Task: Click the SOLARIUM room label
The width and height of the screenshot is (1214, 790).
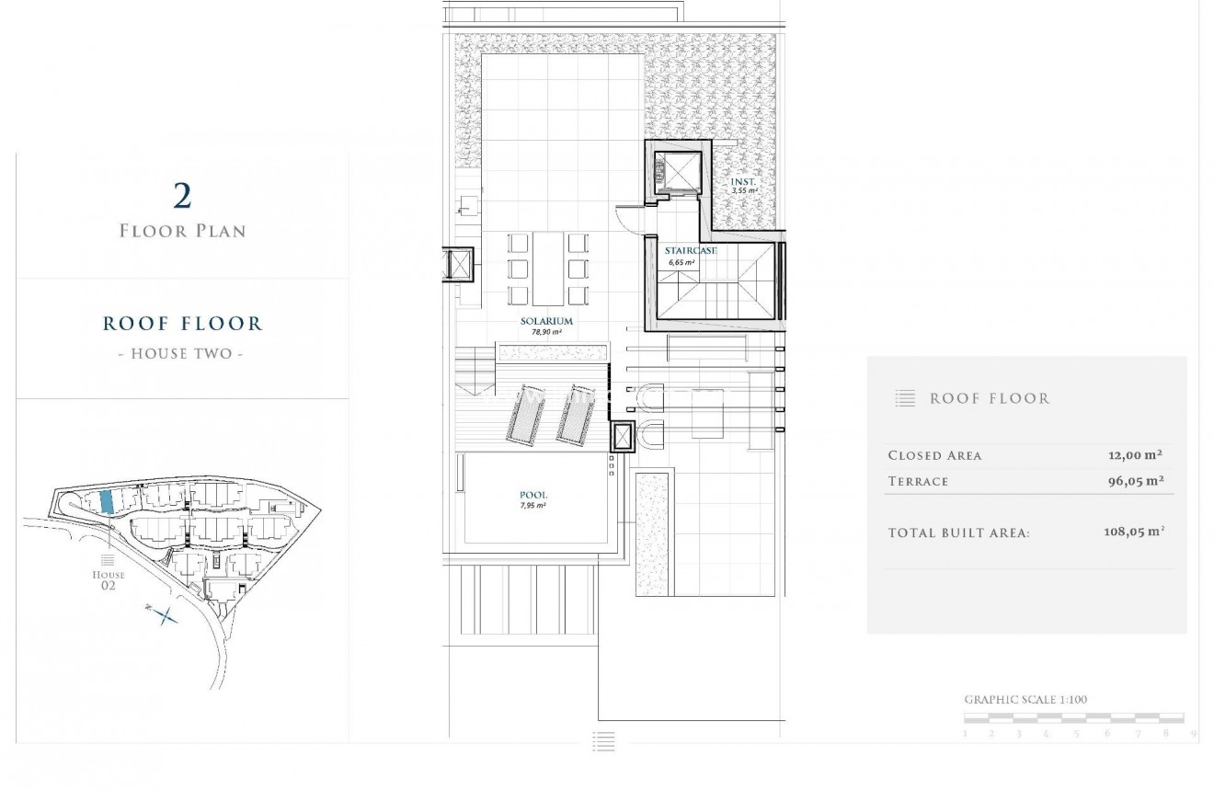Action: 546,321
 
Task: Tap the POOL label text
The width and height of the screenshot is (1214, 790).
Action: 533,495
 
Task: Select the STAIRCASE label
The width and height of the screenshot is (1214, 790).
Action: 691,250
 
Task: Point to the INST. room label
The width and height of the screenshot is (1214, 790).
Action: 743,182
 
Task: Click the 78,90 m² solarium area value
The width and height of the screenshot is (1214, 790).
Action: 546,332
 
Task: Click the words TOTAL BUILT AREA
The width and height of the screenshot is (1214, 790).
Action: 958,533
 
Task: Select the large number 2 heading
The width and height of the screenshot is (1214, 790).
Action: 182,195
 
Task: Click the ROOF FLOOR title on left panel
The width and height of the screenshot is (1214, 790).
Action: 182,323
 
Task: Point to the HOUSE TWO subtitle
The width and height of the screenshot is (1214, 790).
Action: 182,353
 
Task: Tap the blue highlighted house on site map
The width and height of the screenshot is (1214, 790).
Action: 107,501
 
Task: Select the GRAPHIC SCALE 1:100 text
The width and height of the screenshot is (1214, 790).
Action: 1025,700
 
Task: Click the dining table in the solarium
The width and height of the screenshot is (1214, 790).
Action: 548,268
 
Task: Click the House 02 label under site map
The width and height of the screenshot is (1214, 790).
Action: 109,579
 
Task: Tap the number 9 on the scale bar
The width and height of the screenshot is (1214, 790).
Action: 1193,734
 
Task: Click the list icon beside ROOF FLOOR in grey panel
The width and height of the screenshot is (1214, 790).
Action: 905,398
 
